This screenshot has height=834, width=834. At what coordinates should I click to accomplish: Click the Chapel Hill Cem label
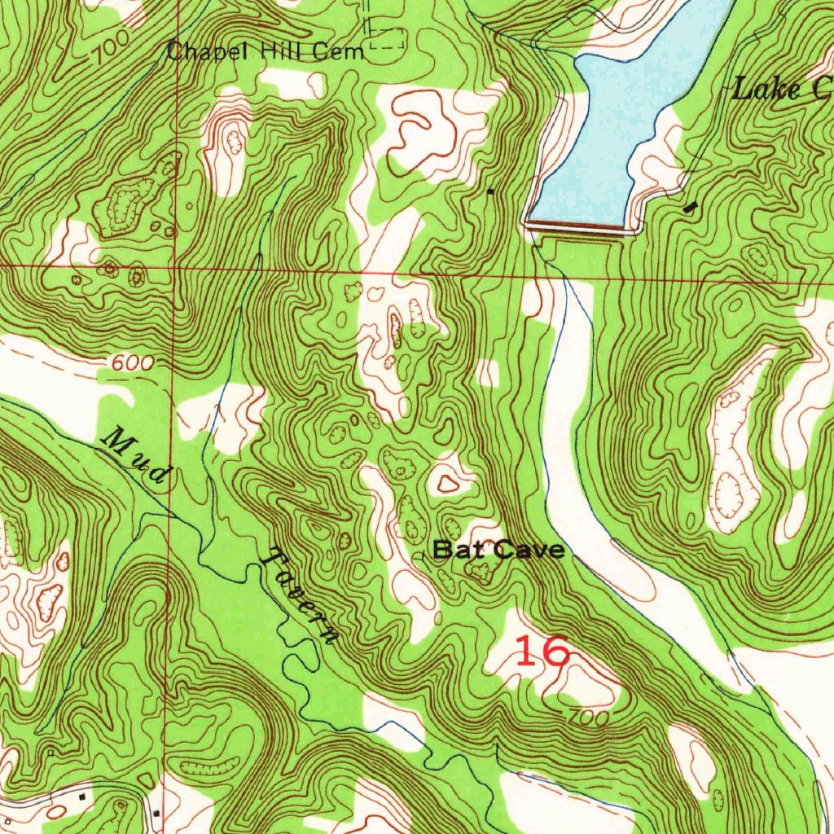click(266, 52)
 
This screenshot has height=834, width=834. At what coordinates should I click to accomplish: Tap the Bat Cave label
click(498, 550)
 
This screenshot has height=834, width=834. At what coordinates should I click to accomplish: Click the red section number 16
click(542, 652)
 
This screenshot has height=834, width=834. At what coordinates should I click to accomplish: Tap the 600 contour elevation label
click(131, 364)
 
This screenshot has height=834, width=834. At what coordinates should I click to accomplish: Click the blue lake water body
click(619, 122)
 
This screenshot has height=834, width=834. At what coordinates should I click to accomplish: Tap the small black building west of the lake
click(489, 191)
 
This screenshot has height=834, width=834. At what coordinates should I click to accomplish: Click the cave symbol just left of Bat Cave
click(424, 554)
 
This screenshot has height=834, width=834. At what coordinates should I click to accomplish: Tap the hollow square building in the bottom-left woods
click(50, 753)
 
